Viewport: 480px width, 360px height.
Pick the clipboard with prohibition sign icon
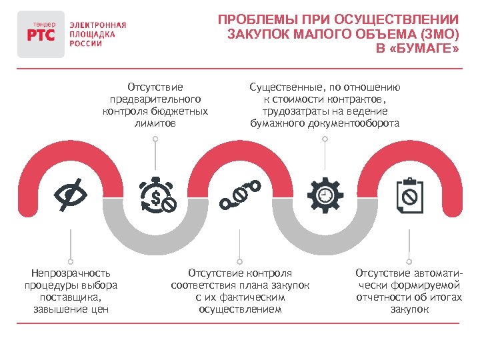[409, 194]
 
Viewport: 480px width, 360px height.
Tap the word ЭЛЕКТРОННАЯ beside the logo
[97, 25]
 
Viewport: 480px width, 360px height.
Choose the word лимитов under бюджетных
[155, 123]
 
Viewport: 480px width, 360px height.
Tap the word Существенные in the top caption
[285, 87]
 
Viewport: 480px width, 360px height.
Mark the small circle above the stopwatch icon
[155, 139]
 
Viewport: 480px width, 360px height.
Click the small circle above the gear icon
[325, 139]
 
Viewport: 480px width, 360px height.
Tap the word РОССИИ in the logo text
[86, 43]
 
